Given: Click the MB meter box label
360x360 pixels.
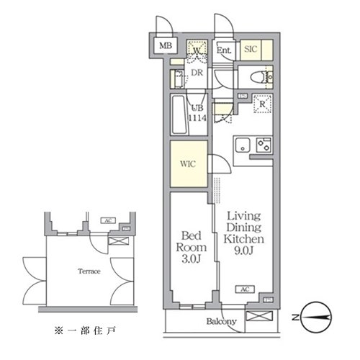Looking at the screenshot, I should pyautogui.click(x=166, y=48).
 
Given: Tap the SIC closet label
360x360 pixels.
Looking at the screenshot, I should pyautogui.click(x=251, y=50).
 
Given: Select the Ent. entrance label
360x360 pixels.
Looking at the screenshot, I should pyautogui.click(x=224, y=50).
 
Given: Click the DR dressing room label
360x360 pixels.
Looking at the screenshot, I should pyautogui.click(x=195, y=73).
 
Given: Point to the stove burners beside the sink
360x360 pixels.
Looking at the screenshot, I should pyautogui.click(x=264, y=143).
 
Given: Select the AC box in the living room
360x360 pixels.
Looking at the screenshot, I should pyautogui.click(x=246, y=289).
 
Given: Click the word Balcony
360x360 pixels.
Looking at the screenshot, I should pyautogui.click(x=221, y=322).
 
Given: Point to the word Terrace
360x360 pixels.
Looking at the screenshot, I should pyautogui.click(x=89, y=271).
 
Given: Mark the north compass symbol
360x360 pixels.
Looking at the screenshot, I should pyautogui.click(x=314, y=315).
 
